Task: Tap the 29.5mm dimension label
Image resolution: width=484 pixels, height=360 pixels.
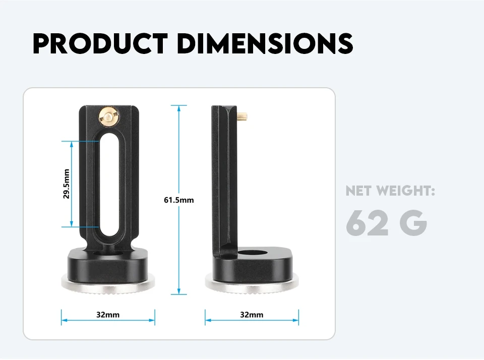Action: tap(67, 184)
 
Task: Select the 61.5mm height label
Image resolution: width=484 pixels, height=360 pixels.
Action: tap(179, 200)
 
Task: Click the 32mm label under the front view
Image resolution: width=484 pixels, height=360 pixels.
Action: tap(108, 315)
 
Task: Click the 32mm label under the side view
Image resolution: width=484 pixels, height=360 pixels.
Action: tap(252, 315)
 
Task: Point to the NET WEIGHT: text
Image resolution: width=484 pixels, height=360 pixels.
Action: tap(390, 191)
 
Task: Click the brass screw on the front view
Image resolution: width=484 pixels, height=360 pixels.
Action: tap(107, 117)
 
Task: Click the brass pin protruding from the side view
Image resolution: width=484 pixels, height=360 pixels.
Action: tap(243, 118)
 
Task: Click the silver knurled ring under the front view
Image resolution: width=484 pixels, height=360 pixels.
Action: tap(108, 283)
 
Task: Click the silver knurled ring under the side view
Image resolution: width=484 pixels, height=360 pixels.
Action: tap(252, 283)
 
